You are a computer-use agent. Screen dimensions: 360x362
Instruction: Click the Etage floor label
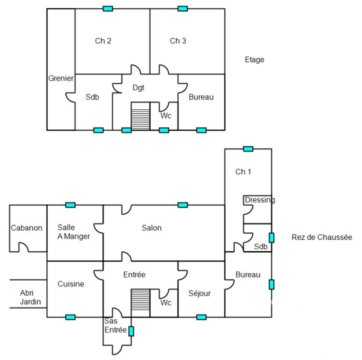254,60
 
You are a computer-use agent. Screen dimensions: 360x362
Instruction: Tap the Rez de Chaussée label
322,238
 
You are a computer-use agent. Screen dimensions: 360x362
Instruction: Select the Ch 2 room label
103,41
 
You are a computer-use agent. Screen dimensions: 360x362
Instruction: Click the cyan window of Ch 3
183,8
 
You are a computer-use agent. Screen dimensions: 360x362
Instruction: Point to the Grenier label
61,78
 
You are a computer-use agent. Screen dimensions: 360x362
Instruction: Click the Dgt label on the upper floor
138,88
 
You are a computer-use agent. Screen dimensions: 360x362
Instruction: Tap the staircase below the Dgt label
140,116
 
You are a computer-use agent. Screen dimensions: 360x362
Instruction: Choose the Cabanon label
26,228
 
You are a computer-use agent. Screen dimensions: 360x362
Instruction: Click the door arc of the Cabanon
24,247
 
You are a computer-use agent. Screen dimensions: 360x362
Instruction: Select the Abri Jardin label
30,297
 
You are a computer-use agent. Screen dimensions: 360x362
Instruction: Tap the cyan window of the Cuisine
70,317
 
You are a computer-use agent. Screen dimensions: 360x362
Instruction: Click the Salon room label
152,228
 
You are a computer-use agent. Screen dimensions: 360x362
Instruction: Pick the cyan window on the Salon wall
183,205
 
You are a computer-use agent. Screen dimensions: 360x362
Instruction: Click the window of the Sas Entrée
131,331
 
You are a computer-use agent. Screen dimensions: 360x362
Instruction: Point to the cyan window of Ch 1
248,148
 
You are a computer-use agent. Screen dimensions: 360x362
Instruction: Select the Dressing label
260,200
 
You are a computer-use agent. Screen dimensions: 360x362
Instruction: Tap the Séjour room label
199,293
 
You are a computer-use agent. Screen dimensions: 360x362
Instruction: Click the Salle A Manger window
70,205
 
